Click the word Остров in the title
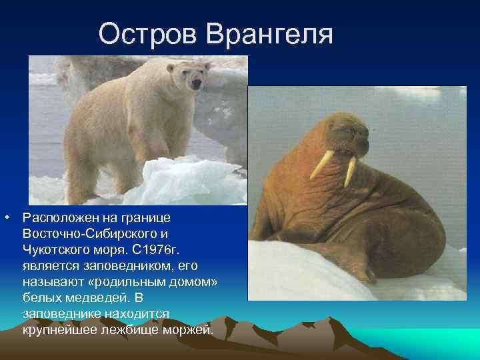tap(148, 33)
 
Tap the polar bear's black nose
tap(196, 85)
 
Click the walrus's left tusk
tap(323, 164)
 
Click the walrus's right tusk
tap(351, 171)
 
